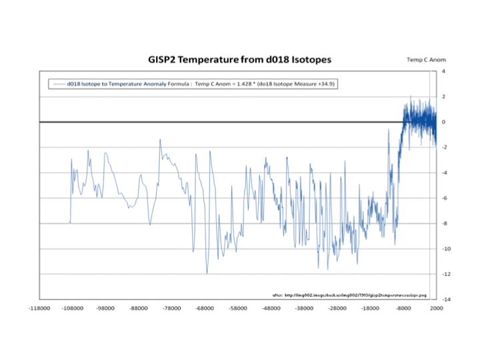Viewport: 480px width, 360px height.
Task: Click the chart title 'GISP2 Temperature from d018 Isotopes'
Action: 239,59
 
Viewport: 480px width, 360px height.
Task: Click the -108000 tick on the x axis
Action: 72,308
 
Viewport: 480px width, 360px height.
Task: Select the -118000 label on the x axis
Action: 39,308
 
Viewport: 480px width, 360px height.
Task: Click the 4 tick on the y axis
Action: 443,71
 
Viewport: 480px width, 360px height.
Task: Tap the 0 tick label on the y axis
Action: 443,122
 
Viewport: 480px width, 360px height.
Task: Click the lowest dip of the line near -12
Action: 207,273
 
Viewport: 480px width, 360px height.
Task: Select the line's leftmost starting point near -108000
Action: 69,222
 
